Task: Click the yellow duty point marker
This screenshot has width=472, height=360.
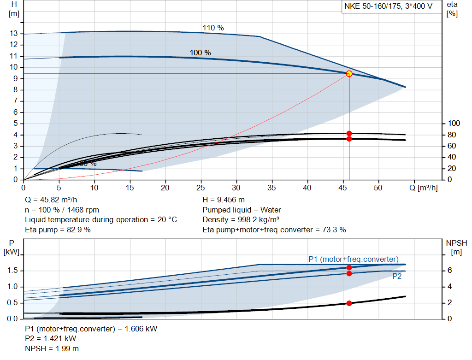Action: point(349,74)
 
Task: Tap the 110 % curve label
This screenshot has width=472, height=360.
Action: point(213,28)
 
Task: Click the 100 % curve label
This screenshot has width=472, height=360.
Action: point(200,53)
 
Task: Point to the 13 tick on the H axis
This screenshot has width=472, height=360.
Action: point(14,34)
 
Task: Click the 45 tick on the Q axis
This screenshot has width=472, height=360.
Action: point(343,188)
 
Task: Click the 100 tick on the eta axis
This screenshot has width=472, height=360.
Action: point(454,124)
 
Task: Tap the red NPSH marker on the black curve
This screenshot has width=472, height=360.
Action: point(349,303)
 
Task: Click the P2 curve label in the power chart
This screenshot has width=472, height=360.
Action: point(397,277)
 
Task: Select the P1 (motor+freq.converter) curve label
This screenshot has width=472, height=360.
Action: point(353,259)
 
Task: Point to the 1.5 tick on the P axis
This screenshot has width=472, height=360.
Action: point(12,271)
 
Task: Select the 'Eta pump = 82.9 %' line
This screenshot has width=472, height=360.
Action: point(58,230)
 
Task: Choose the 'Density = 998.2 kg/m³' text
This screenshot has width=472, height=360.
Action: point(241,220)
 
